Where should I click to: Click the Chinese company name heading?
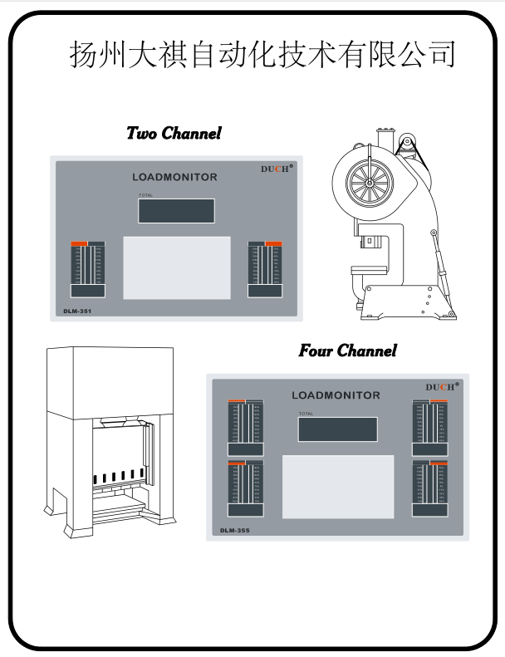262,54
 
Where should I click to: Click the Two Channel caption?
174,133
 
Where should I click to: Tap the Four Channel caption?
347,351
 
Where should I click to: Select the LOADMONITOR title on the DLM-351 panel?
174,177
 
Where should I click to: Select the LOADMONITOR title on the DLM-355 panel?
336,395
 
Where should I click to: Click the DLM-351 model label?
77,311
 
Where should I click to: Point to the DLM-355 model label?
234,529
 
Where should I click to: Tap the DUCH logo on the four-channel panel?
441,387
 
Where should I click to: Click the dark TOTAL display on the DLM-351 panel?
176,211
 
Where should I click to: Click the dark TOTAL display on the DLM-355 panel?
337,429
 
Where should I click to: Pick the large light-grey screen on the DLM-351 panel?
177,267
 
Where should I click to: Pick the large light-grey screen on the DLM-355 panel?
338,487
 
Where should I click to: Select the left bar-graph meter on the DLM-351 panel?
87,269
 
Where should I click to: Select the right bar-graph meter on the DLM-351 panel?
266,269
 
